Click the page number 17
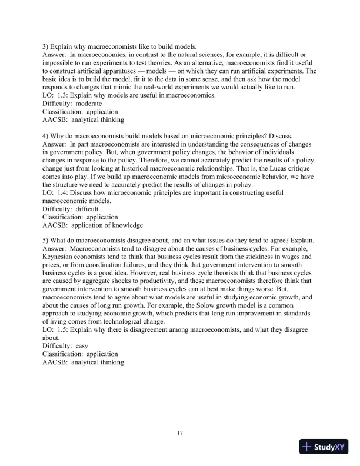pyautogui.click(x=180, y=433)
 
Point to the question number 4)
pyautogui.click(x=46, y=135)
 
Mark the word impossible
pyautogui.click(x=61, y=62)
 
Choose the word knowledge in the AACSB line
pyautogui.click(x=125, y=225)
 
